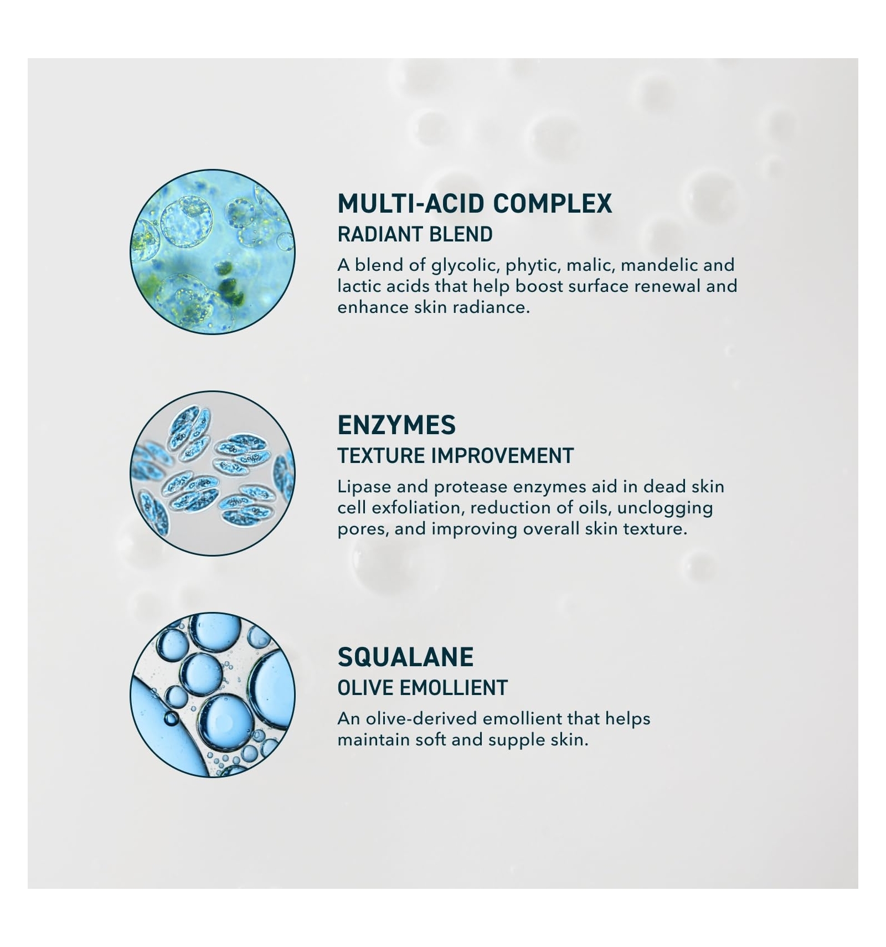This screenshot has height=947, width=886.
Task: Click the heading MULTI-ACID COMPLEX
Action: [x=475, y=204]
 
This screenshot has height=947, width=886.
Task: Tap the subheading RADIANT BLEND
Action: [x=415, y=234]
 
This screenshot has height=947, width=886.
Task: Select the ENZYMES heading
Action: [x=396, y=425]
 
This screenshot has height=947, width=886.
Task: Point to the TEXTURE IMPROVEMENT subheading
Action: [x=455, y=456]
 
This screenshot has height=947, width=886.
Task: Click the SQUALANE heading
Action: [x=405, y=657]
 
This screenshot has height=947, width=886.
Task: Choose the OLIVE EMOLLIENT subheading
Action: [x=423, y=688]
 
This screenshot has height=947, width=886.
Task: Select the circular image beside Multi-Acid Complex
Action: [x=213, y=252]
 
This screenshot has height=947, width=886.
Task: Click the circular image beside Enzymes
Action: [x=213, y=473]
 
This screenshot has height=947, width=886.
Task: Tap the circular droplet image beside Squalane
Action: [x=213, y=694]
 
